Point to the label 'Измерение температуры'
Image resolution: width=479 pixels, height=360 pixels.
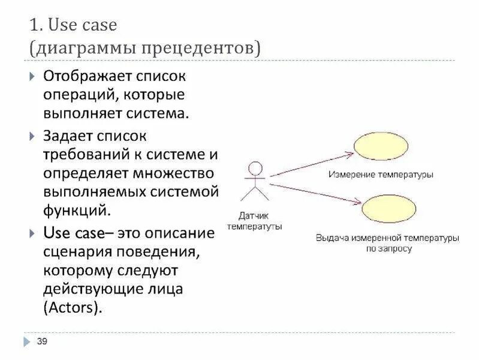click(381, 175)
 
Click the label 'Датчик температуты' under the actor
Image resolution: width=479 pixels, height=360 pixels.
click(255, 221)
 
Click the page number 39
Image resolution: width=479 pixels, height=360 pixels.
click(42, 341)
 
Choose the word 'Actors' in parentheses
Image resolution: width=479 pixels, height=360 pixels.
click(71, 308)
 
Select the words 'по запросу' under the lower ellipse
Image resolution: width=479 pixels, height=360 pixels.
click(388, 248)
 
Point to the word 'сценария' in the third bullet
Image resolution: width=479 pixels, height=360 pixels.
click(77, 251)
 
